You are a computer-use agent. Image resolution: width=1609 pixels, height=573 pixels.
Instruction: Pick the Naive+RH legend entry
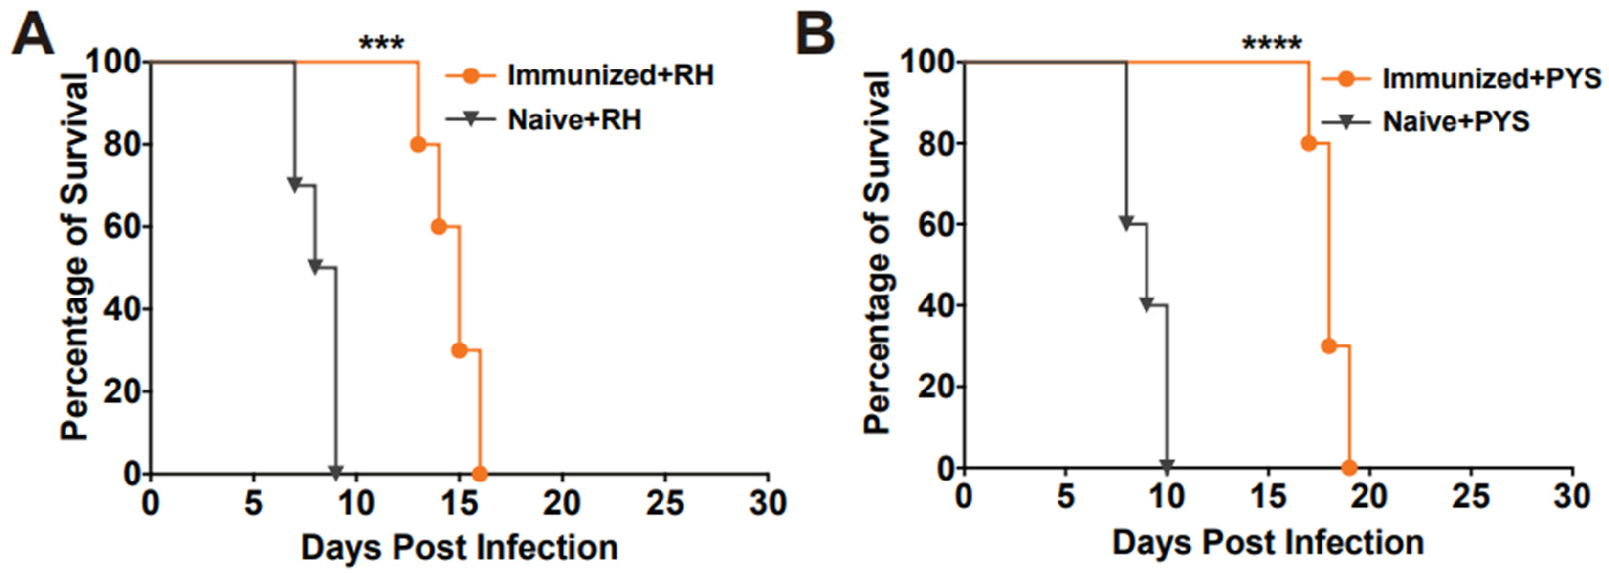(574, 119)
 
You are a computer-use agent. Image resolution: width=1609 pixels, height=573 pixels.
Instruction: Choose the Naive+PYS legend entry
(1456, 121)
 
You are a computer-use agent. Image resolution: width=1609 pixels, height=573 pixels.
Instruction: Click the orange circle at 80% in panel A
(418, 144)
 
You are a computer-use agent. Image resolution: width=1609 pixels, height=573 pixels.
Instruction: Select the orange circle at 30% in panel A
(459, 350)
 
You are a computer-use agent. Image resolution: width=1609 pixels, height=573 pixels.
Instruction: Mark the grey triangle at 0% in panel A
(335, 472)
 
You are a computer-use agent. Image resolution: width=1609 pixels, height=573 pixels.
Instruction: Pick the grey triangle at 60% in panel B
(1126, 224)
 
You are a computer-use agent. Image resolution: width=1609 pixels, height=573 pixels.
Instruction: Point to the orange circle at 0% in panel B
(1349, 467)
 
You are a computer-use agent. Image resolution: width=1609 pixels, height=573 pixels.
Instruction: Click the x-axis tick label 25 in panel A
(664, 503)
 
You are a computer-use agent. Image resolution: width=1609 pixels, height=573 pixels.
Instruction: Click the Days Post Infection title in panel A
(459, 548)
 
